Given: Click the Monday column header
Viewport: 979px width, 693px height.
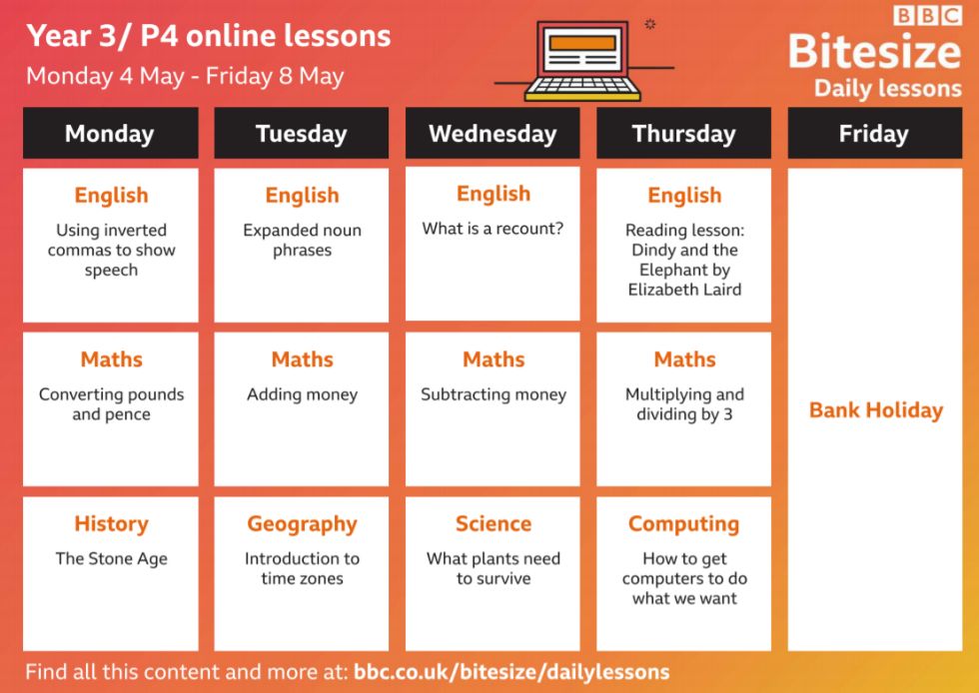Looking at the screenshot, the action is (x=111, y=133).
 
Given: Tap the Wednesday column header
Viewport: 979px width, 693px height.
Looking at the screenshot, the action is (x=492, y=133).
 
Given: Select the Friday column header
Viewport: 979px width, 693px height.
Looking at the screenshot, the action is (x=875, y=133).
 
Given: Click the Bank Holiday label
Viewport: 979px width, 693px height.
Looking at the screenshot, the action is (x=876, y=410).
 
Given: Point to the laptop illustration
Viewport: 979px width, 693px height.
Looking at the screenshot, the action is (x=582, y=61).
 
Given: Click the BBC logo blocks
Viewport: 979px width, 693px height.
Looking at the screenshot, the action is (x=928, y=15).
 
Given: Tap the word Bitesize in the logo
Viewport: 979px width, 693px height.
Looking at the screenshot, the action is (x=875, y=51).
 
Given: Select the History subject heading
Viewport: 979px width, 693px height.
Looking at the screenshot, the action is (x=111, y=523).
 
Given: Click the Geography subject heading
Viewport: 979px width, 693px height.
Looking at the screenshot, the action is (x=302, y=524).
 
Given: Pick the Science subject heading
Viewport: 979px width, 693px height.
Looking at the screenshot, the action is (x=493, y=523).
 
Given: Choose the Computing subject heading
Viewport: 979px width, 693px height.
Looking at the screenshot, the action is (x=683, y=524).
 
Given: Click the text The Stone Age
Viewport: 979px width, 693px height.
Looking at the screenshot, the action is (x=111, y=559).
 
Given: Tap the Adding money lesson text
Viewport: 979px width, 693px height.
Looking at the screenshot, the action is (x=302, y=394).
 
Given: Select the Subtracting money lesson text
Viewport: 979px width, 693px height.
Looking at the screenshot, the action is (x=493, y=394).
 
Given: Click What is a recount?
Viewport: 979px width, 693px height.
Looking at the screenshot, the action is (x=492, y=229).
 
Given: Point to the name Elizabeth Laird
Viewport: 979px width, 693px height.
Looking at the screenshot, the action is (x=685, y=290).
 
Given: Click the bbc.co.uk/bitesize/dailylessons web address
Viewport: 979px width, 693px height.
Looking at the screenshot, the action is (x=511, y=672).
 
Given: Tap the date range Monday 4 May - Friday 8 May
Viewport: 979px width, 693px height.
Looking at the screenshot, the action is (x=185, y=76).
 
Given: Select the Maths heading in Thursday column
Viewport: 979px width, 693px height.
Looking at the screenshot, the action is (x=685, y=359).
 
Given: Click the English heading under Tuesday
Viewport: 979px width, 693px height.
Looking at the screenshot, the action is (x=302, y=196).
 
